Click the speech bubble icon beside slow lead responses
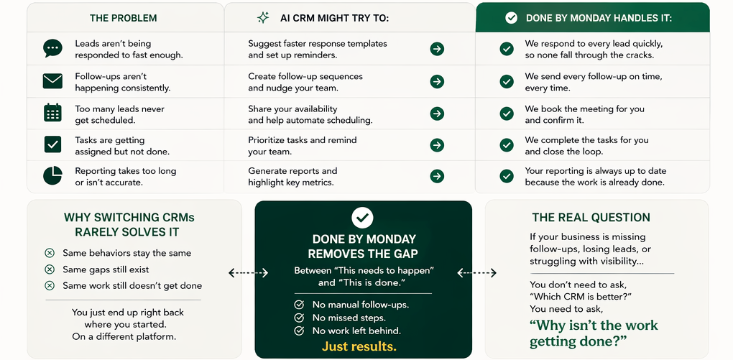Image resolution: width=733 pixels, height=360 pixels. pyautogui.click(x=52, y=48)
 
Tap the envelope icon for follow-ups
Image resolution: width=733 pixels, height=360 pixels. pyautogui.click(x=52, y=81)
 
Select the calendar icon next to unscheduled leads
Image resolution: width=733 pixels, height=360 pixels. pyautogui.click(x=52, y=113)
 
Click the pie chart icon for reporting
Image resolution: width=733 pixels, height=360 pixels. pyautogui.click(x=52, y=175)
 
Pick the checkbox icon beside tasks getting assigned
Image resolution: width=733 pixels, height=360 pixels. pyautogui.click(x=52, y=144)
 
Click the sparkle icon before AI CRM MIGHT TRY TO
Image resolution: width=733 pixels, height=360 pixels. pyautogui.click(x=263, y=17)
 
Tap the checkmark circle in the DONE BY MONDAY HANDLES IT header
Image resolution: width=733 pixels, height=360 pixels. pyautogui.click(x=511, y=17)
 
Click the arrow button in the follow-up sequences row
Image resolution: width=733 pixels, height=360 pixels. pyautogui.click(x=437, y=81)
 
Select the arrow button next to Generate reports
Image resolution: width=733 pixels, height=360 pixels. pyautogui.click(x=437, y=176)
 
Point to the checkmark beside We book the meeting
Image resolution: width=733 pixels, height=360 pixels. pyautogui.click(x=507, y=114)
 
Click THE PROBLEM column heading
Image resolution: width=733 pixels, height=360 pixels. pyautogui.click(x=123, y=18)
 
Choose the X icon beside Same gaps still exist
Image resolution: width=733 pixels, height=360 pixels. pyautogui.click(x=50, y=269)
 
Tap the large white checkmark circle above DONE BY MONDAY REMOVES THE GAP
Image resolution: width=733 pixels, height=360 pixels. pyautogui.click(x=362, y=217)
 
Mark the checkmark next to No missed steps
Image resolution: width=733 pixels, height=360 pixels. pyautogui.click(x=299, y=318)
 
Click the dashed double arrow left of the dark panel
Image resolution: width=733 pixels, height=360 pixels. pyautogui.click(x=248, y=273)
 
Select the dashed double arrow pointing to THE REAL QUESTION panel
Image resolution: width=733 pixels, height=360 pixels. pyautogui.click(x=476, y=273)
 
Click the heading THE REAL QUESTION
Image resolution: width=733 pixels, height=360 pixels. pyautogui.click(x=591, y=217)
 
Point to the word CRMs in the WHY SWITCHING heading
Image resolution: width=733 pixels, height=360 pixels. pyautogui.click(x=178, y=217)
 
